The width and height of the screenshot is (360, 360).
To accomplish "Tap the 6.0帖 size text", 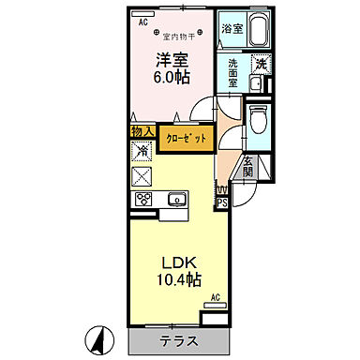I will (171, 77).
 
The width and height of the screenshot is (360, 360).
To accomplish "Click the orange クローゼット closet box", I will (184, 138).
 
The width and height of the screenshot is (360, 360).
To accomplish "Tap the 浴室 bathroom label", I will (232, 29).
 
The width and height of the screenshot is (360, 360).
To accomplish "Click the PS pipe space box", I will (222, 201).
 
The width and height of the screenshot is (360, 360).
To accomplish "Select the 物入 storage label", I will (142, 133).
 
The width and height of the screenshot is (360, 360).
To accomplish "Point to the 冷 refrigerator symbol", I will (142, 151).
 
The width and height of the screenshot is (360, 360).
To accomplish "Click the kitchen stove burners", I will (144, 199).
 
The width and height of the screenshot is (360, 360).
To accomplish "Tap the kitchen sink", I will (175, 199).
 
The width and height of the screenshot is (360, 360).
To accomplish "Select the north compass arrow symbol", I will (97, 336).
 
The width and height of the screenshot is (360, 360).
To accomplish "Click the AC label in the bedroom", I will (143, 21).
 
